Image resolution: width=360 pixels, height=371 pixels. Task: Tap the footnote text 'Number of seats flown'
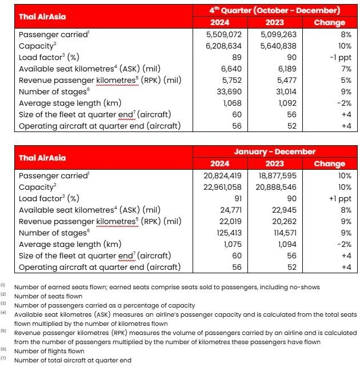50,296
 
